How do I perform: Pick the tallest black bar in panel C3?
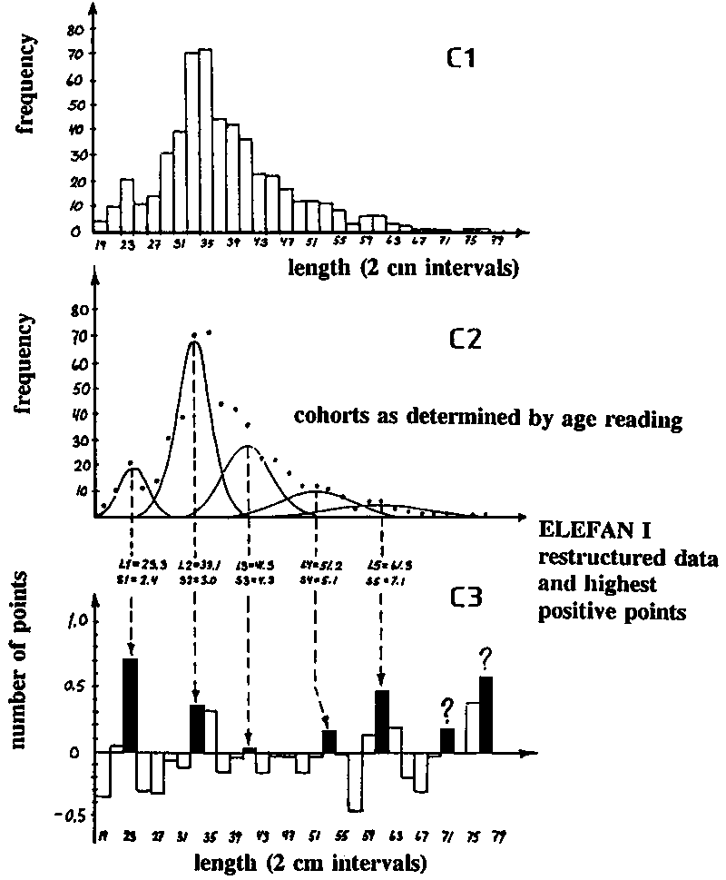pos(130,705)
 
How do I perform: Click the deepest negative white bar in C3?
pos(355,781)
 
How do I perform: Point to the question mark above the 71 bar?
pos(446,707)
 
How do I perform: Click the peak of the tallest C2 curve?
pos(193,341)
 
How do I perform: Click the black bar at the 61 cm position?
pos(382,721)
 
